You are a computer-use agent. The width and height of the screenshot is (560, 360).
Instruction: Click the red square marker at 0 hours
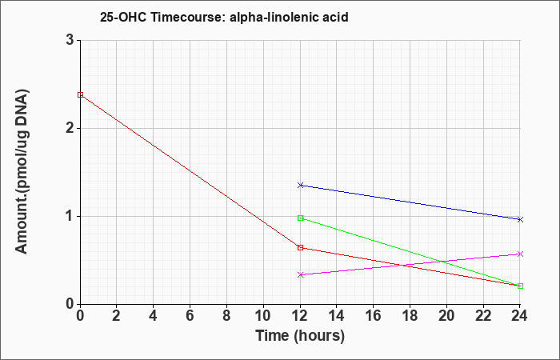pyautogui.click(x=80, y=94)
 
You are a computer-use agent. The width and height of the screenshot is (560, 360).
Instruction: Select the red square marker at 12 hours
pyautogui.click(x=300, y=247)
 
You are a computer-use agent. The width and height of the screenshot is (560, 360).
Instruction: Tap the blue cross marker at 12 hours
pyautogui.click(x=300, y=185)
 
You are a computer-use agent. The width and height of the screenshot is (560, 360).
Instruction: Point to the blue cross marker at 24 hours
pyautogui.click(x=520, y=219)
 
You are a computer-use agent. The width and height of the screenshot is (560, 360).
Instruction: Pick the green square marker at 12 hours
pyautogui.click(x=300, y=218)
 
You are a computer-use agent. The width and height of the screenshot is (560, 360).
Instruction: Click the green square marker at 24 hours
pyautogui.click(x=520, y=286)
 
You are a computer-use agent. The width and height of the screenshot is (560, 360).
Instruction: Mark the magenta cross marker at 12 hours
pyautogui.click(x=300, y=274)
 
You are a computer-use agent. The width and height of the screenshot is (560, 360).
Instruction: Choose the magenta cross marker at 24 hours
pyautogui.click(x=520, y=254)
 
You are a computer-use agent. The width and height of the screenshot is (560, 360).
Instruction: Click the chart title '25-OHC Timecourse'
pyautogui.click(x=162, y=17)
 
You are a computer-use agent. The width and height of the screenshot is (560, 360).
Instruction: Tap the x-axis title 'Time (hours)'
pyautogui.click(x=300, y=335)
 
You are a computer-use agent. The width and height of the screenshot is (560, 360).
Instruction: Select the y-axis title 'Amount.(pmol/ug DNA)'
pyautogui.click(x=22, y=171)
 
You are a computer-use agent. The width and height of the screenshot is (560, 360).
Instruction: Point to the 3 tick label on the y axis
pyautogui.click(x=70, y=40)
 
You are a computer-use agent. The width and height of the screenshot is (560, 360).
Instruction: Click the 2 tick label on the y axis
pyautogui.click(x=70, y=128)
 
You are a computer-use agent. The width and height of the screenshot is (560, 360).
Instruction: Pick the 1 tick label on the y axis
pyautogui.click(x=70, y=217)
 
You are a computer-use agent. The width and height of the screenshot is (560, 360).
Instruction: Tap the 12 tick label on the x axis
pyautogui.click(x=300, y=316)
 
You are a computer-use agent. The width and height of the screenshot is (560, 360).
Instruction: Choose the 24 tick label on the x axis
pyautogui.click(x=520, y=316)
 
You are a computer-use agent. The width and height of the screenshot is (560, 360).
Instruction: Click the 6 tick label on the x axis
pyautogui.click(x=190, y=316)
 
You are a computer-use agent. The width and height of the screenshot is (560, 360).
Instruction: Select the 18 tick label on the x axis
pyautogui.click(x=410, y=316)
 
